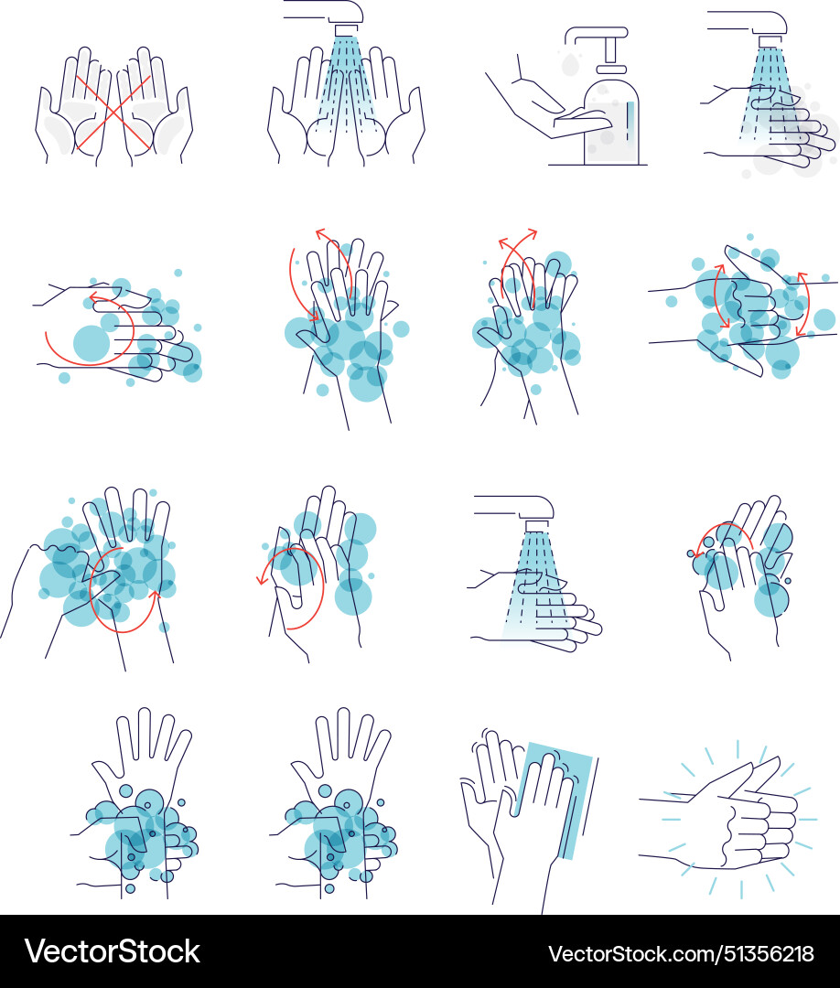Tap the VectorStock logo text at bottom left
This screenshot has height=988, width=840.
point(112,951)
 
